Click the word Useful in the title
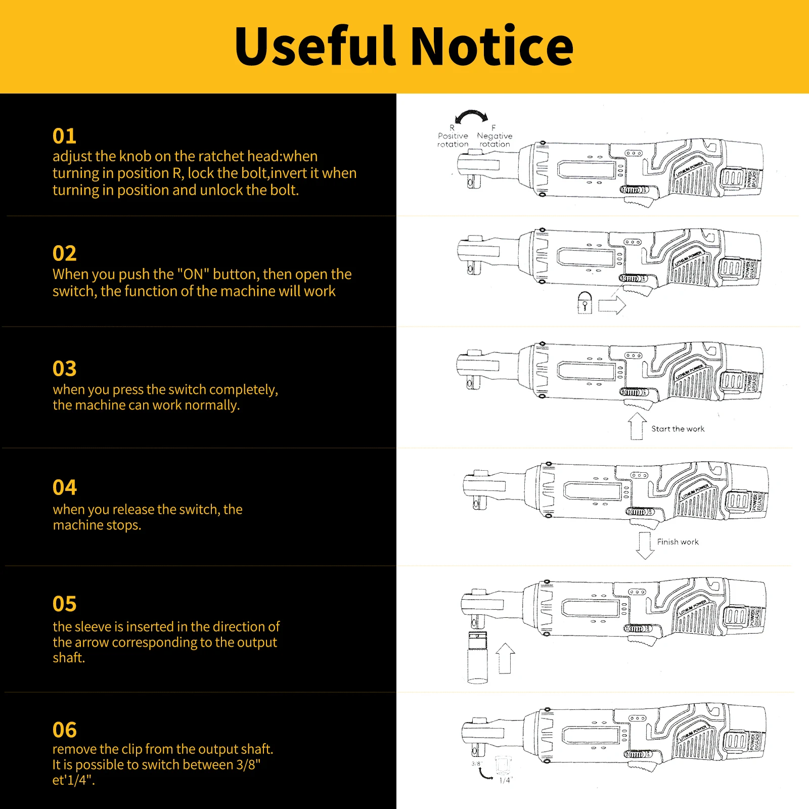click(x=314, y=47)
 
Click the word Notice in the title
click(x=491, y=47)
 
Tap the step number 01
click(x=64, y=136)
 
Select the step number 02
click(x=64, y=253)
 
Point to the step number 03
click(x=64, y=369)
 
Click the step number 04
click(x=64, y=487)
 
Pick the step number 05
click(x=64, y=604)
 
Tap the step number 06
click(x=64, y=730)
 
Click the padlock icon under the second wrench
click(x=585, y=303)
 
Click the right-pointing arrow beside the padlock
click(x=612, y=305)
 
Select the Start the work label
click(x=678, y=429)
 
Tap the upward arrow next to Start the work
click(x=637, y=426)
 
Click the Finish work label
click(x=678, y=542)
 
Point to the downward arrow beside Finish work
click(x=645, y=545)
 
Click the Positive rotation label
click(x=453, y=140)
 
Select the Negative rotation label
click(x=495, y=140)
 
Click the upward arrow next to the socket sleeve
click(x=505, y=658)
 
